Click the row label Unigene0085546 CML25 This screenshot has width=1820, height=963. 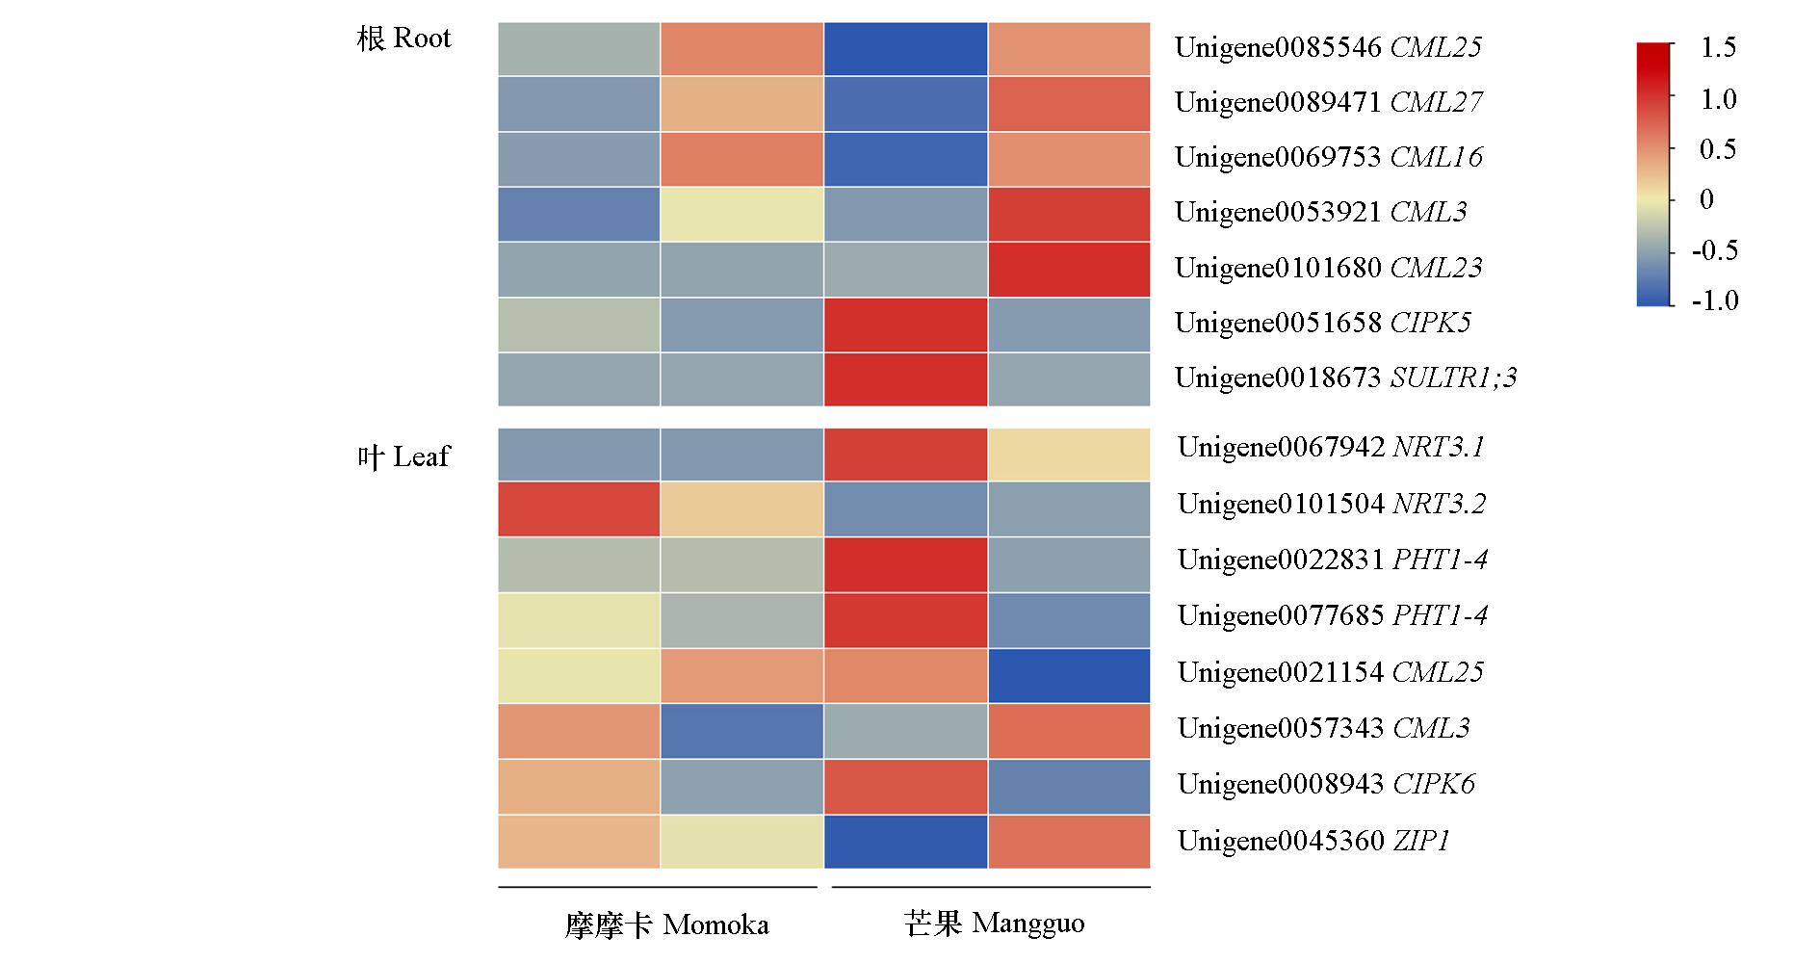click(1328, 47)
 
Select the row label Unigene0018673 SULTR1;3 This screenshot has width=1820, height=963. click(1345, 377)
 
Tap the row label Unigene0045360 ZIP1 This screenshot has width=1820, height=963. click(1313, 841)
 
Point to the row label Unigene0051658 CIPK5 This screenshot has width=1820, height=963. click(1323, 323)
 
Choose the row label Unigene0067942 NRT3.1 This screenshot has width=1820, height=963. click(1331, 447)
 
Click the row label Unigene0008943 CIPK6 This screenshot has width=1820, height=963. click(1326, 784)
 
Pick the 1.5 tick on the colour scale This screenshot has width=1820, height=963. click(1718, 47)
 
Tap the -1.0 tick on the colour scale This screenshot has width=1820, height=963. click(1715, 300)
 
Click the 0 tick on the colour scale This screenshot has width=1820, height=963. click(1706, 199)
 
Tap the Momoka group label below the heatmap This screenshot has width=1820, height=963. click(666, 925)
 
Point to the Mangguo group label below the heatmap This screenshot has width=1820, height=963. click(994, 924)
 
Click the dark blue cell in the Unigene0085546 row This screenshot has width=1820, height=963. click(905, 49)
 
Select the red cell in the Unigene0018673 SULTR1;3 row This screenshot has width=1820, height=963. click(905, 379)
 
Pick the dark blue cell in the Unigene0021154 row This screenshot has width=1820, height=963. click(1069, 676)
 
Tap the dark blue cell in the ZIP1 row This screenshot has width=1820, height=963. click(905, 842)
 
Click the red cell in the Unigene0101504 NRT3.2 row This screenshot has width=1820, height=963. click(579, 508)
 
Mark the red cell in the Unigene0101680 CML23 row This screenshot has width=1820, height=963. click(1069, 269)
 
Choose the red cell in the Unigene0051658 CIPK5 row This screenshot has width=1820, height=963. click(905, 325)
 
